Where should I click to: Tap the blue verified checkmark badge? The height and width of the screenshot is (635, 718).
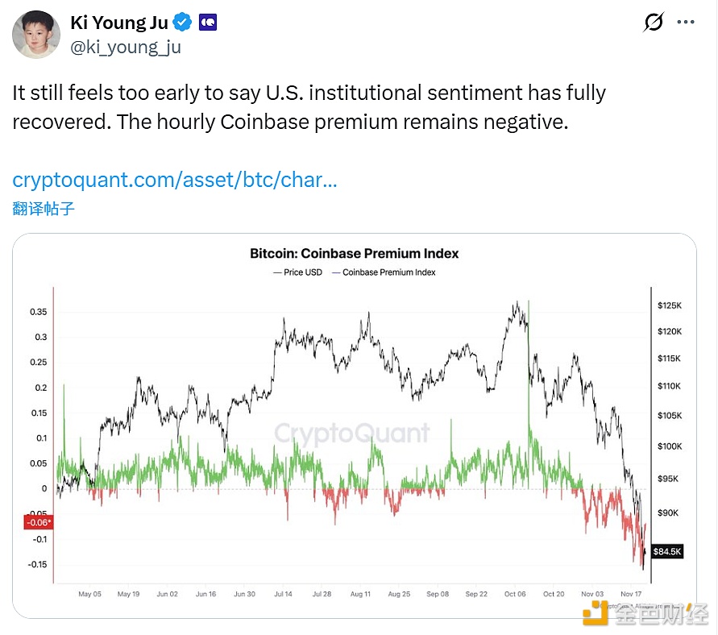point(183,23)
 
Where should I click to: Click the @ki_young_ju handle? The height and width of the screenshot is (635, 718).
point(126,48)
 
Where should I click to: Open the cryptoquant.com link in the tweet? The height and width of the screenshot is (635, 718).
point(175,179)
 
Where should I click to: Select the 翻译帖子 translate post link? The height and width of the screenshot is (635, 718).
point(44,209)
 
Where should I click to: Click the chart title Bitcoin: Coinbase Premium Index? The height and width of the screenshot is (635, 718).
point(354,253)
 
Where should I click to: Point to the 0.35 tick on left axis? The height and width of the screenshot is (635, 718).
point(37,312)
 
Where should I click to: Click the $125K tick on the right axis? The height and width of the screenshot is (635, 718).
point(670,305)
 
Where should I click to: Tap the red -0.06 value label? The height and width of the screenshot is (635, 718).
point(37,523)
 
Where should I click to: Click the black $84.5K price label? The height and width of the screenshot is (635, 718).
point(668,551)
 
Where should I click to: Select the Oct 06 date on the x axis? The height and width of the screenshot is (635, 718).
point(515,594)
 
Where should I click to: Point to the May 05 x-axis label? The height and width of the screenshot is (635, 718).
point(89,594)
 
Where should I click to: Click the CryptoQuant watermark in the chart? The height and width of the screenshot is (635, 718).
point(352,433)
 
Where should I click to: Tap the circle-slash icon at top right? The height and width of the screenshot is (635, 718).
point(654,22)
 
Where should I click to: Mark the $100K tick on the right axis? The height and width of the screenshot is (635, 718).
point(670,446)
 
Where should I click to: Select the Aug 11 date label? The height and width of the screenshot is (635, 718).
point(360,594)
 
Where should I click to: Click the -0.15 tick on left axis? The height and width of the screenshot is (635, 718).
point(36,564)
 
